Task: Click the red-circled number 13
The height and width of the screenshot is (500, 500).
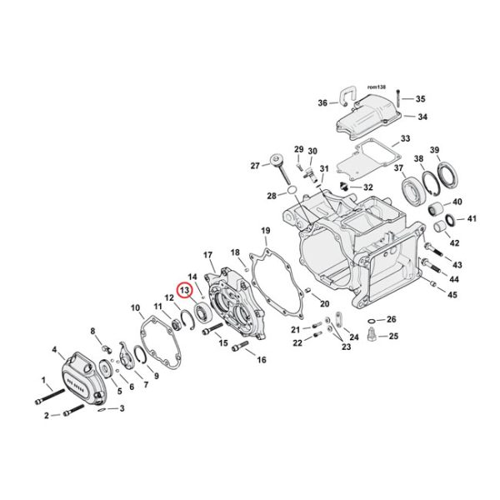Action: pos(184,291)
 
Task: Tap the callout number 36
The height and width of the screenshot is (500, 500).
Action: pos(322,103)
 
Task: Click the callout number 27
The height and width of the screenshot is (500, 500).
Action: pos(256,166)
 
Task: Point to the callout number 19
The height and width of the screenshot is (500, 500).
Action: pos(265,230)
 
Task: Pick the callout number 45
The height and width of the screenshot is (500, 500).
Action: pos(453,294)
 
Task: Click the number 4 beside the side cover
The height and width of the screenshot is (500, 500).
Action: pos(54,350)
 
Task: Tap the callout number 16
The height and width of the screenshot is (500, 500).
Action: pos(261,360)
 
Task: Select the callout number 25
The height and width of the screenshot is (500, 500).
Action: pos(394,336)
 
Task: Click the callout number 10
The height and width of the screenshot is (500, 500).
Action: pos(135,308)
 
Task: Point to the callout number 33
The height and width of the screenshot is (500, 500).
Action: pos(405,138)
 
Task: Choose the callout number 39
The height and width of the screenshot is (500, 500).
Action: pos(457,149)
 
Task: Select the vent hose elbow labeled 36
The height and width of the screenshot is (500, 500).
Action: pos(344,97)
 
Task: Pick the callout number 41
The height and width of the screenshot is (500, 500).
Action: pos(471,219)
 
